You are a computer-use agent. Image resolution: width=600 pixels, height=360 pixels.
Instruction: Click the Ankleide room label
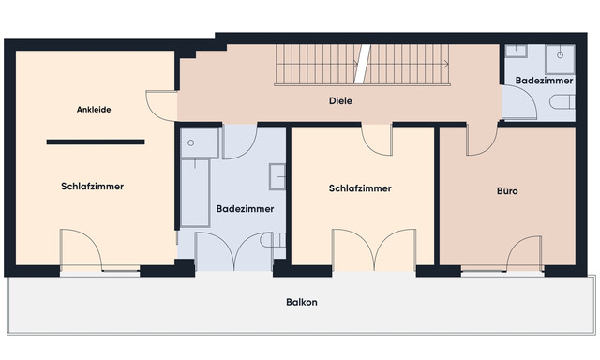94,110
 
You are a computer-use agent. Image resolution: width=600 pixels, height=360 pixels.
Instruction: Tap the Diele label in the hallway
339,100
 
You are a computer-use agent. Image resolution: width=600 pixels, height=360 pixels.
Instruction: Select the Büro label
507,191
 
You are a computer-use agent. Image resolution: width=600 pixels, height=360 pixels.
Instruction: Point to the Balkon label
301,302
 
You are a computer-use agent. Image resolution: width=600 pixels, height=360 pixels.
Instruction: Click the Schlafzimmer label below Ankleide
93,187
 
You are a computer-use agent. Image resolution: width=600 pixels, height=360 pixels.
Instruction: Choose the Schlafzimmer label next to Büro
360,188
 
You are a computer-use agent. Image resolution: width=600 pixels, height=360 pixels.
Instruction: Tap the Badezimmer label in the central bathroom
244,208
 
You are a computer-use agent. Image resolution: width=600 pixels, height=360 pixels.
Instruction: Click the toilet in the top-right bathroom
562,101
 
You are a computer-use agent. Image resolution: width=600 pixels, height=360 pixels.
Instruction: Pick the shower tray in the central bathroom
199,142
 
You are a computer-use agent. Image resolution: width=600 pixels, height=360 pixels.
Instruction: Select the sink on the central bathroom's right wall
277,177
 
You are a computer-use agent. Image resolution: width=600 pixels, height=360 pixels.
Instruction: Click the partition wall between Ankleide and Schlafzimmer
96,142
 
